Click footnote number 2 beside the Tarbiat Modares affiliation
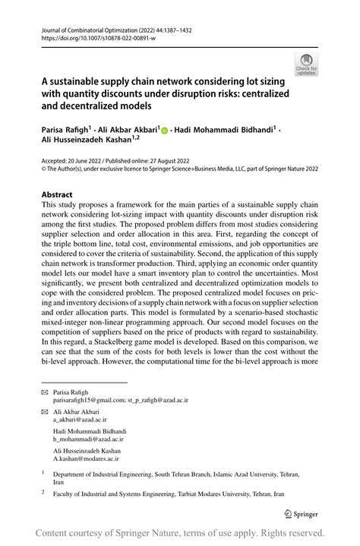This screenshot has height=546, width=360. pos(43,492)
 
